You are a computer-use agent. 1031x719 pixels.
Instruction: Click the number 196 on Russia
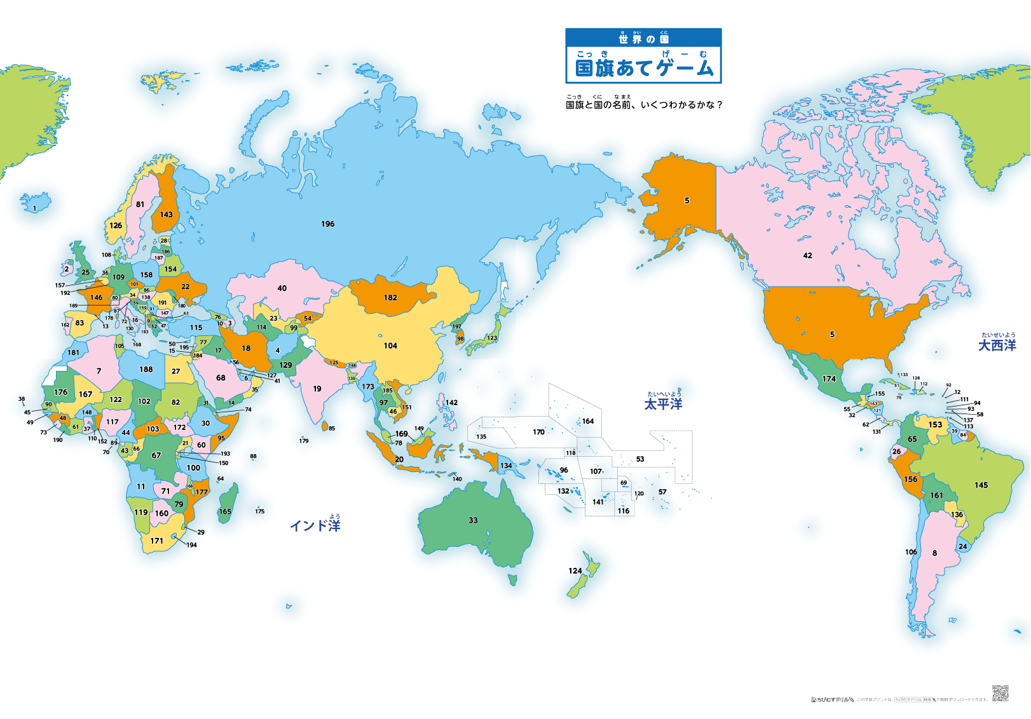(327, 224)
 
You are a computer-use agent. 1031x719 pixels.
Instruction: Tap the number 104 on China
(390, 346)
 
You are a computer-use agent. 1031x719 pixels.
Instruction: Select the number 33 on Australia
(473, 520)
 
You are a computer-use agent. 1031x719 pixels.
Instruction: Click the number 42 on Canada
(807, 255)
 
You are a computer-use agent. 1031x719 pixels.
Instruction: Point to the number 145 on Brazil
(981, 485)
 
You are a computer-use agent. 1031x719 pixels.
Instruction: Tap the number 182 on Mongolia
(390, 297)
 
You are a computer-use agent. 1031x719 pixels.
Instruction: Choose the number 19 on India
(317, 388)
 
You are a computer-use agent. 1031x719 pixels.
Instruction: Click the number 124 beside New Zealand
(575, 570)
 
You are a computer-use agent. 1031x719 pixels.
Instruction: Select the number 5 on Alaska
(686, 200)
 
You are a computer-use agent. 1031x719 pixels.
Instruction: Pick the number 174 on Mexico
(829, 379)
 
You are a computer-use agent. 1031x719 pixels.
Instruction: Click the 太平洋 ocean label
(663, 404)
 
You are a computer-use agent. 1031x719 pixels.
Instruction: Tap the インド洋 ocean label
(315, 525)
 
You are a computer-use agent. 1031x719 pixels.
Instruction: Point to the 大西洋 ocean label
(997, 345)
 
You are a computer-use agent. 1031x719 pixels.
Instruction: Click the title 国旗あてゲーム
(644, 67)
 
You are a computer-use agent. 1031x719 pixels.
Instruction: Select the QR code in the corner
(1000, 693)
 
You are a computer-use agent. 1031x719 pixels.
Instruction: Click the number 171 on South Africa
(156, 541)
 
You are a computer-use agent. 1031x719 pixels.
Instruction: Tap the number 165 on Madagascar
(225, 511)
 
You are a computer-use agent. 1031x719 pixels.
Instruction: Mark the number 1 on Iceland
(34, 208)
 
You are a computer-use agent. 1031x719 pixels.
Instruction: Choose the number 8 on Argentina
(934, 553)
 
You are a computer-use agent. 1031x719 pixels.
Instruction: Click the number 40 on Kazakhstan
(282, 288)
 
